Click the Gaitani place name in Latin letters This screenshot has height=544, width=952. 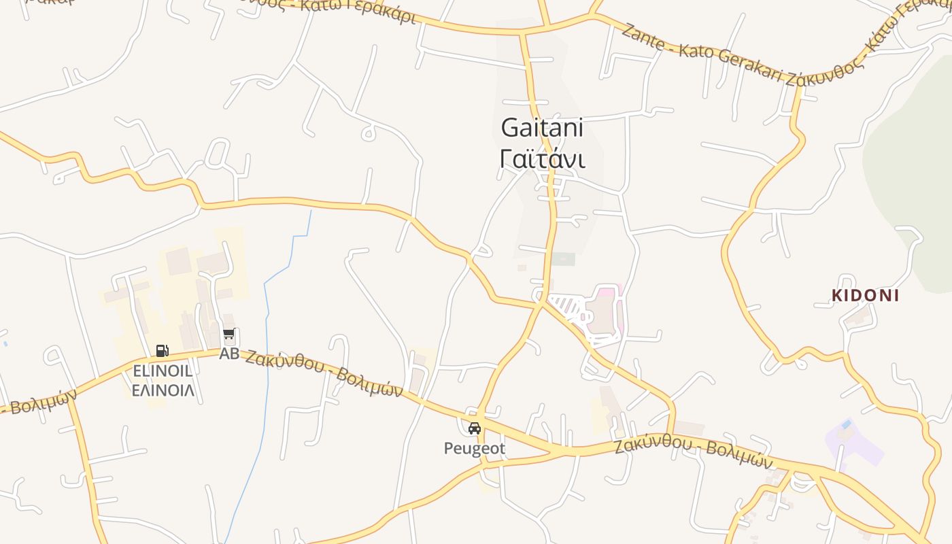pyautogui.click(x=542, y=127)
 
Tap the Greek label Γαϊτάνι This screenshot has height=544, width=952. pyautogui.click(x=542, y=158)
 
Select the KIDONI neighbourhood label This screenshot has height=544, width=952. pyautogui.click(x=865, y=296)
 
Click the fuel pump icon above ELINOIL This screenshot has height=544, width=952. pyautogui.click(x=162, y=351)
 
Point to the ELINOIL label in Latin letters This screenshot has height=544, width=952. pyautogui.click(x=163, y=371)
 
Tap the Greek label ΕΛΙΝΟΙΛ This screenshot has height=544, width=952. pyautogui.click(x=163, y=390)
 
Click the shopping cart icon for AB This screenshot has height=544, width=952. pyautogui.click(x=229, y=335)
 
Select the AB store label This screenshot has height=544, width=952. pyautogui.click(x=229, y=354)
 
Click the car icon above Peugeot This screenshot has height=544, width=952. pyautogui.click(x=475, y=428)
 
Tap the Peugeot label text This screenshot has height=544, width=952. pyautogui.click(x=475, y=448)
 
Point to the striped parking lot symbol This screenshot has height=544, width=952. pyautogui.click(x=566, y=306)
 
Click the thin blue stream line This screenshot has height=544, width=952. pyautogui.click(x=267, y=354)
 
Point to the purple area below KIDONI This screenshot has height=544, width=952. pyautogui.click(x=853, y=445)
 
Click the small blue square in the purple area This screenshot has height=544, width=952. pyautogui.click(x=845, y=424)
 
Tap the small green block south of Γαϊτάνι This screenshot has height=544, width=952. pyautogui.click(x=563, y=259)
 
